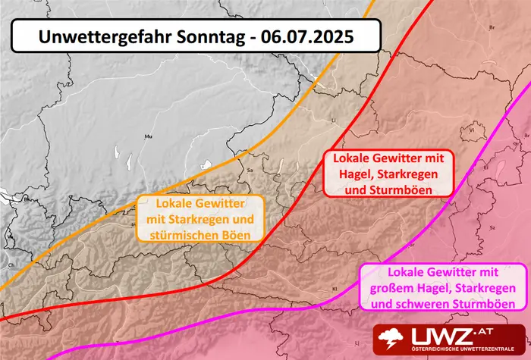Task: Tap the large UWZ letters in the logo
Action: point(441,335)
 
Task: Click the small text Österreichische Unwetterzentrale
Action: point(454,351)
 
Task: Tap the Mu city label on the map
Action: point(148,137)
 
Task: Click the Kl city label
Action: point(335,289)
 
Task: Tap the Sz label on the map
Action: point(492,227)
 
